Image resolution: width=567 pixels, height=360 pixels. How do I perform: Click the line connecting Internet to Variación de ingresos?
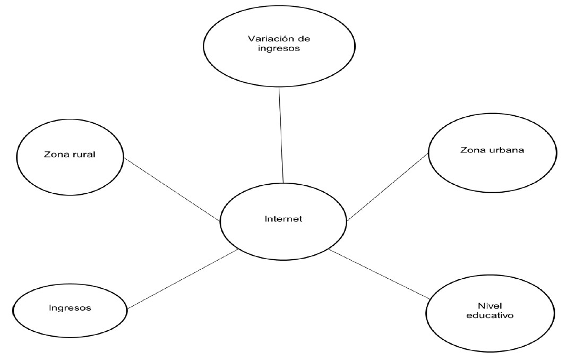(281, 135)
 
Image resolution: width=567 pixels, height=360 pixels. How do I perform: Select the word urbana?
(508, 150)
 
